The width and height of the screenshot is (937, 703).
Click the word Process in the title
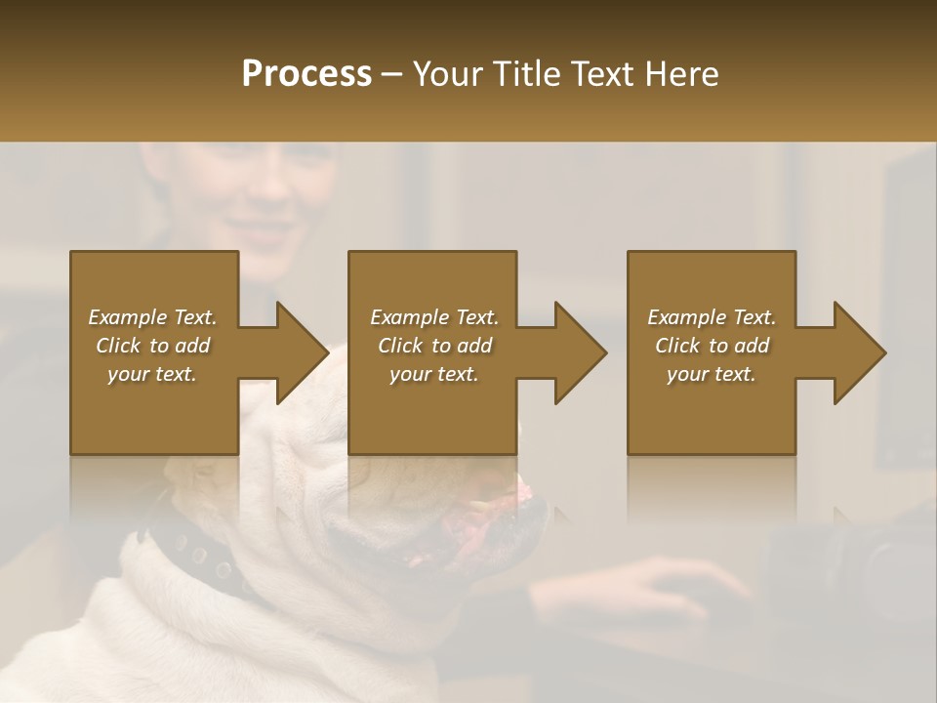click(x=306, y=74)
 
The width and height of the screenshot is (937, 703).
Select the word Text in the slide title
click(x=602, y=74)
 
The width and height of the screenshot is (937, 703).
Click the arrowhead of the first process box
click(x=299, y=352)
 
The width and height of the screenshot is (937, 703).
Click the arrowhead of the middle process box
click(x=578, y=352)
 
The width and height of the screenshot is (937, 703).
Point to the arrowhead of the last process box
click(x=857, y=352)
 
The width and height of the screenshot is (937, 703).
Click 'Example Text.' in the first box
click(x=152, y=317)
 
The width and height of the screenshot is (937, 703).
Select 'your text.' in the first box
click(x=152, y=374)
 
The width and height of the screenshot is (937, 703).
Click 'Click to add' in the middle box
click(x=434, y=346)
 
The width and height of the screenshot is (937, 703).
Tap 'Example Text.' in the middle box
click(x=434, y=317)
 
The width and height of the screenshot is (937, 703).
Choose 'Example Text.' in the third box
click(x=712, y=317)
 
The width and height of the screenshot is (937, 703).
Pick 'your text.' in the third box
click(x=712, y=374)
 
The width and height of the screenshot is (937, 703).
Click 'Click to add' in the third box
click(x=712, y=346)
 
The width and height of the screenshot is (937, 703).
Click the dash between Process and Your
click(x=392, y=75)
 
